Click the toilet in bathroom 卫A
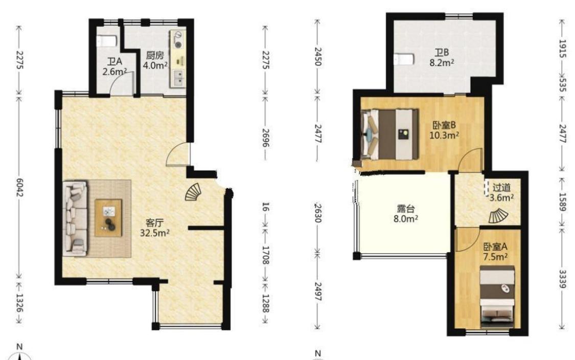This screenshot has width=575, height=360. (x=107, y=41)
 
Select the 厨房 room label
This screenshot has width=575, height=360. (x=155, y=55)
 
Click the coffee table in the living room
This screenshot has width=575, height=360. (x=108, y=218)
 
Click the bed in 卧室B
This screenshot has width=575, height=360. (x=390, y=134)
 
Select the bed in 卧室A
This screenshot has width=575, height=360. (x=498, y=297)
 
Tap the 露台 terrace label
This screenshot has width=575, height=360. (x=406, y=209)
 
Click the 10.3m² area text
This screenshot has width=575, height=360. (x=444, y=136)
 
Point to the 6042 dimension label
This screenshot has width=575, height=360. (x=19, y=187)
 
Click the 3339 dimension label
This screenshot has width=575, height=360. (x=563, y=279)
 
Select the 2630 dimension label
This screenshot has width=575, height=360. (x=318, y=213)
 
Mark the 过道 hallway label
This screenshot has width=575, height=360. (x=501, y=188)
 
